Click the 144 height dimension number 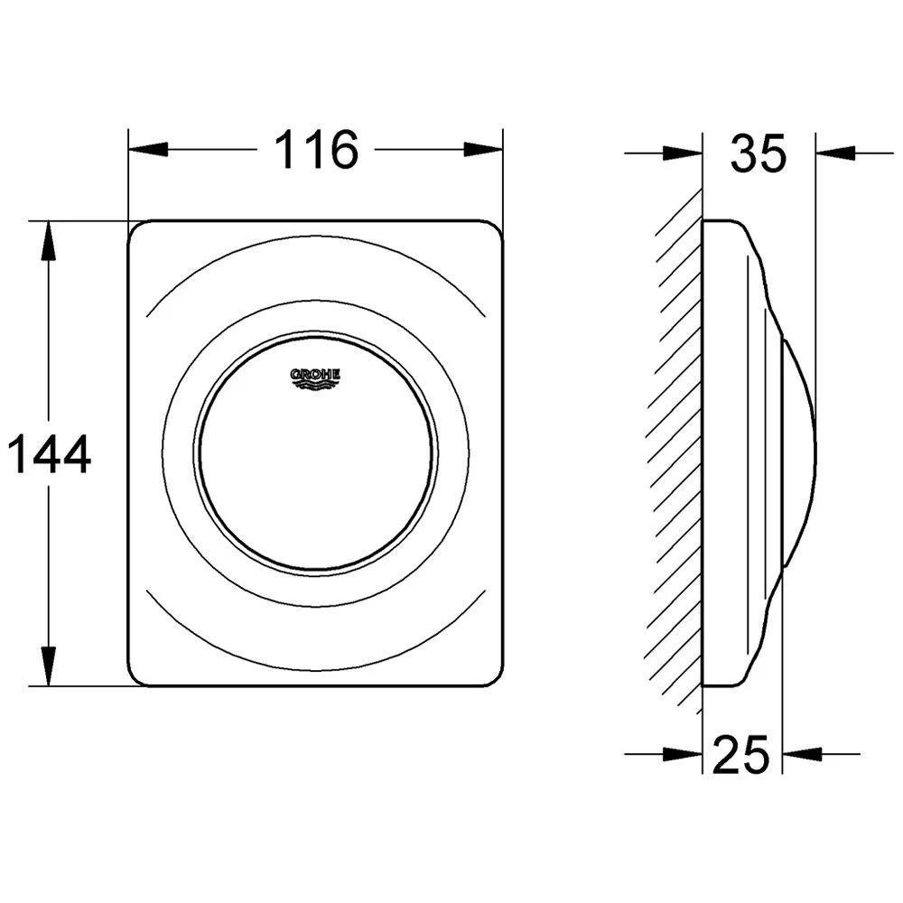[x=50, y=454]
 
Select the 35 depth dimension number [x=759, y=153]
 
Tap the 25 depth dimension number [x=741, y=754]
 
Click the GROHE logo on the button [x=314, y=375]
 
